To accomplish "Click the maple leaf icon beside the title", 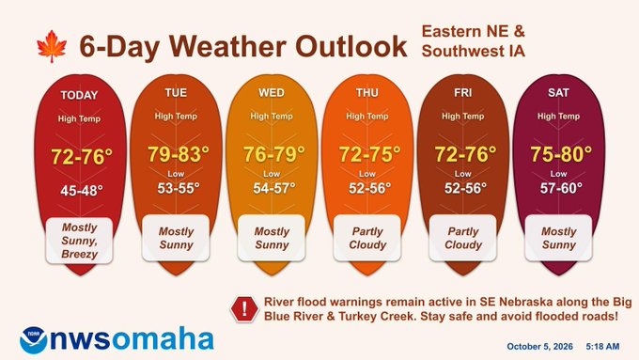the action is click(x=52, y=46).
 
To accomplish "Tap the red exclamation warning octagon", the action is click(x=244, y=309).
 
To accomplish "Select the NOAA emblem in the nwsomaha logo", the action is click(x=34, y=340).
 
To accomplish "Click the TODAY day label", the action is click(x=79, y=95).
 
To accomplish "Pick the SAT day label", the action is click(x=558, y=92).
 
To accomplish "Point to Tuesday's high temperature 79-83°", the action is click(x=179, y=154).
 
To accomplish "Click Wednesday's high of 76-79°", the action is click(x=273, y=154).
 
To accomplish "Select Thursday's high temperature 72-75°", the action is click(x=369, y=154).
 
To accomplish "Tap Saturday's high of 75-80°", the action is click(x=561, y=154).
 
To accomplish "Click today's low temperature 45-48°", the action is click(x=82, y=191).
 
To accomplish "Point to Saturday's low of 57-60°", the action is click(x=561, y=188).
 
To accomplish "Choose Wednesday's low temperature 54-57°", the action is click(x=273, y=188).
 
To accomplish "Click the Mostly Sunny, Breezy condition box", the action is click(x=79, y=241).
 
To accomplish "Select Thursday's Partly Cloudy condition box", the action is click(x=367, y=238).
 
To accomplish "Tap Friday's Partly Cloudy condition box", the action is click(x=463, y=238).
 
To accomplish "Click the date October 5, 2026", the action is click(x=539, y=347).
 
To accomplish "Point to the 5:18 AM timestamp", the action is click(x=602, y=347).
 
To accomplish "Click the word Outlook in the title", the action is click(x=351, y=46).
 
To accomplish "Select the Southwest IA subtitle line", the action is click(x=473, y=52).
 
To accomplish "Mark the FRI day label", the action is click(x=463, y=92).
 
